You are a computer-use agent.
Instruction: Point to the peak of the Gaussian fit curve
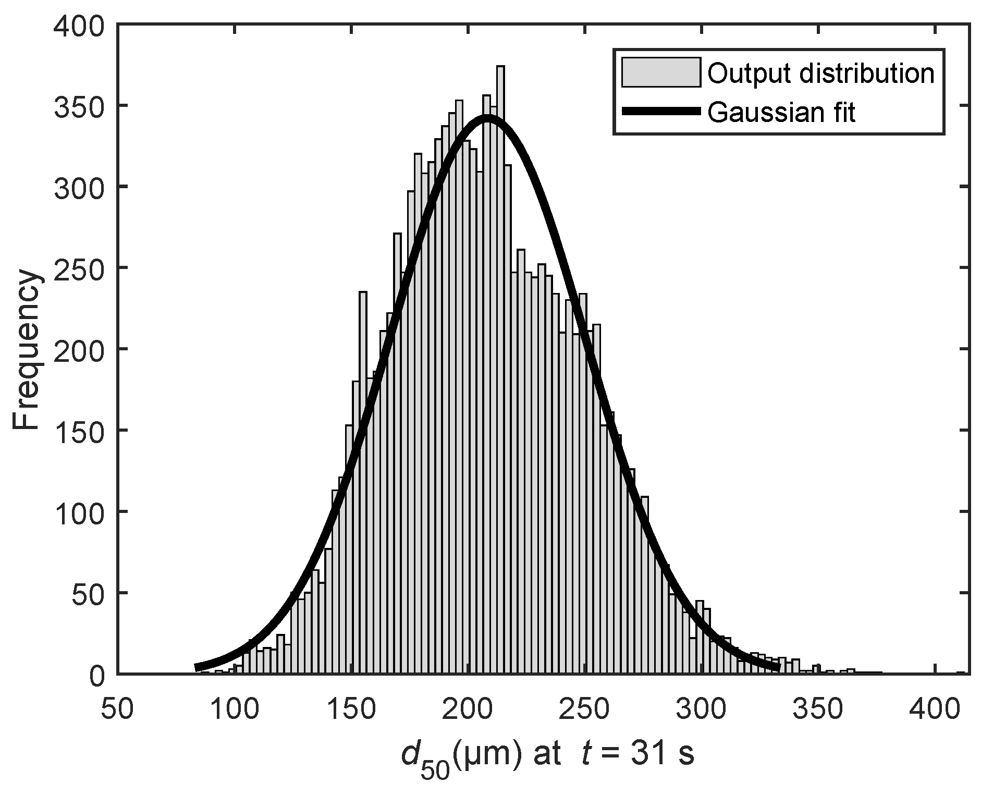(487, 117)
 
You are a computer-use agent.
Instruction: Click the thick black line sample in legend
(660, 111)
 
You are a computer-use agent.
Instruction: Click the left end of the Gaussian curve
(197, 667)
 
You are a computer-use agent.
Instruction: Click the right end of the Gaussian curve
(778, 666)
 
